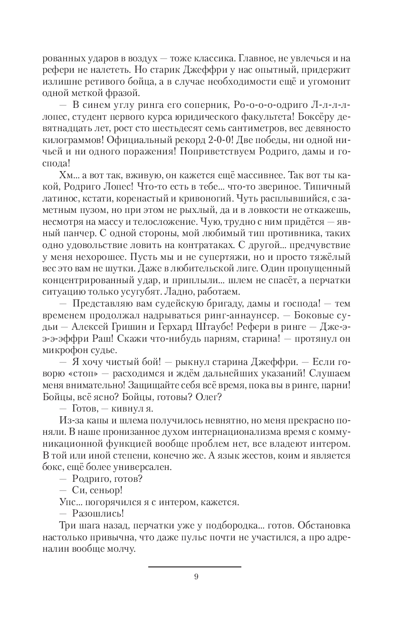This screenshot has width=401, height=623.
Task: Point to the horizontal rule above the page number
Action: click(x=194, y=566)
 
